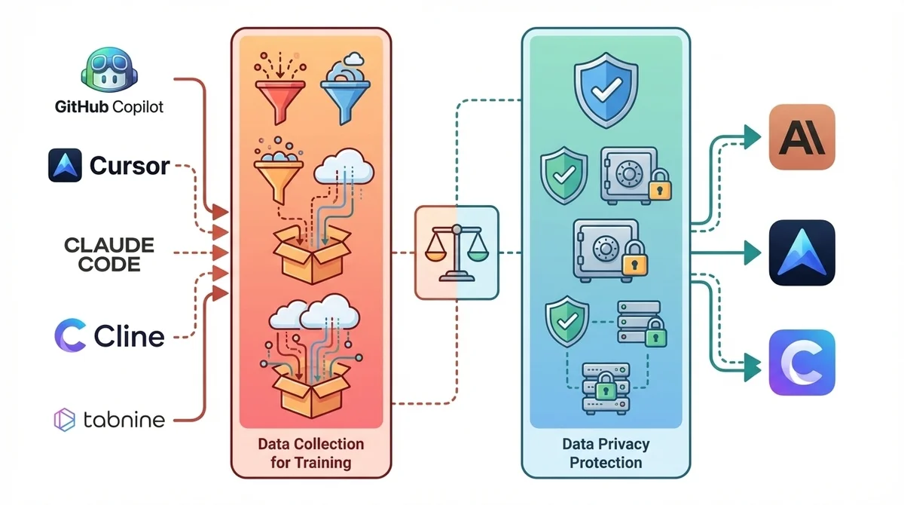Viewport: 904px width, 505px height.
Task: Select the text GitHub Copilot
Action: click(109, 106)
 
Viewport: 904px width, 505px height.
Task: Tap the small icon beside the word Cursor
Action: click(65, 165)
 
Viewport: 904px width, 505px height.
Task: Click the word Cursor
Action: click(130, 165)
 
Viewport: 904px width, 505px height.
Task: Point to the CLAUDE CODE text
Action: click(109, 254)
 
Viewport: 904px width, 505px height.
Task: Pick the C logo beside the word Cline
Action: click(70, 335)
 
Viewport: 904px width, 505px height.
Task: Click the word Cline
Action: click(129, 335)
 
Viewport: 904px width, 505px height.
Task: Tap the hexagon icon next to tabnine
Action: click(64, 419)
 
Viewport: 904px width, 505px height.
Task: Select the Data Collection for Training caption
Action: click(310, 451)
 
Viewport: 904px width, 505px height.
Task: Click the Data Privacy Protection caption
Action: click(606, 452)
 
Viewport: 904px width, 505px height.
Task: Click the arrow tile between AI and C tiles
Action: click(802, 252)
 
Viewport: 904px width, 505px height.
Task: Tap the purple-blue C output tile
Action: click(802, 363)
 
